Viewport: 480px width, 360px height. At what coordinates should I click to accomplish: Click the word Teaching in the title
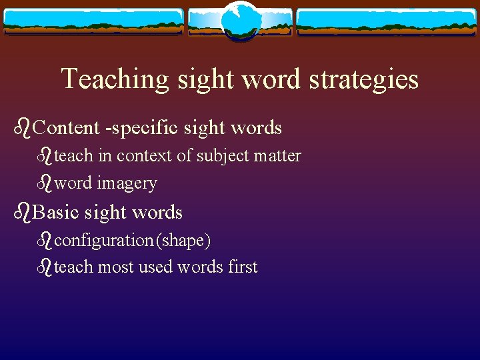[115, 79]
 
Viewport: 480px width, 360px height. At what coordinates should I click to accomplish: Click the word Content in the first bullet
[65, 128]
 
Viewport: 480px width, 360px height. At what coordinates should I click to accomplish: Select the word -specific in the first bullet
[139, 128]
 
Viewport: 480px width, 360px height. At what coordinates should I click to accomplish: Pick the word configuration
[103, 240]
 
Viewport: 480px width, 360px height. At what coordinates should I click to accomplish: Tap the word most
[115, 267]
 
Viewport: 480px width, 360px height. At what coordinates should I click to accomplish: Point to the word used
[155, 267]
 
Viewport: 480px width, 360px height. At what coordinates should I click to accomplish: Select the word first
[242, 267]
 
